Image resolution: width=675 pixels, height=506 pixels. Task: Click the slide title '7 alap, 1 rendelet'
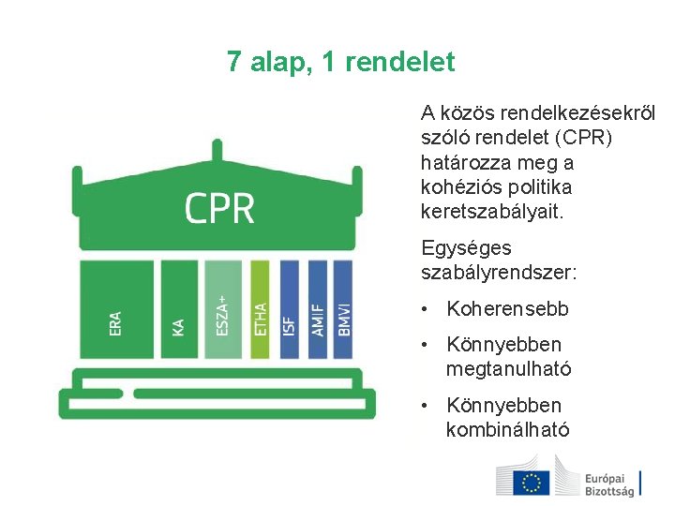click(340, 63)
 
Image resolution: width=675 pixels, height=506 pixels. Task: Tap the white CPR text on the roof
click(219, 208)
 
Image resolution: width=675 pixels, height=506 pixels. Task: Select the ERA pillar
click(116, 309)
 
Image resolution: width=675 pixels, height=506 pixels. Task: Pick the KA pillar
click(178, 309)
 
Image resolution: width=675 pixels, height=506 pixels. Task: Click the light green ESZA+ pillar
click(222, 309)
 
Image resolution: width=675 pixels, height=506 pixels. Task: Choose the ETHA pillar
click(260, 309)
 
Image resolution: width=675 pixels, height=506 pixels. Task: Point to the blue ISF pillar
click(289, 309)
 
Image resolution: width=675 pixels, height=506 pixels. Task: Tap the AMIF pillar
click(317, 309)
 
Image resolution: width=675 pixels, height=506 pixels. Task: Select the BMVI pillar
click(343, 309)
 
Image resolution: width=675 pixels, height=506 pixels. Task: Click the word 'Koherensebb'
click(507, 309)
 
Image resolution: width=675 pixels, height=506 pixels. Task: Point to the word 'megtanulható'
click(508, 369)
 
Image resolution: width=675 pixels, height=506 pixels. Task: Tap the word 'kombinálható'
click(507, 430)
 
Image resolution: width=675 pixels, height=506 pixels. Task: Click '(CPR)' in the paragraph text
click(583, 139)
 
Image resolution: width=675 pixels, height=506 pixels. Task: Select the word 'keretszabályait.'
click(493, 212)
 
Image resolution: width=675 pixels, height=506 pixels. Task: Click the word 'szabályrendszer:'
click(499, 273)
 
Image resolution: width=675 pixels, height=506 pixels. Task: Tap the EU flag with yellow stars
click(532, 482)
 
